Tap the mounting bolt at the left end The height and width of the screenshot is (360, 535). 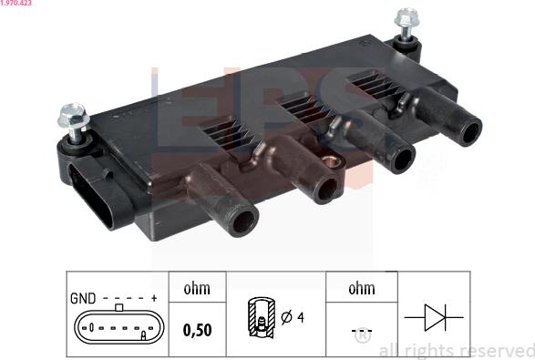[x=71, y=118]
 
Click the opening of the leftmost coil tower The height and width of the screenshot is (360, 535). [x=243, y=220]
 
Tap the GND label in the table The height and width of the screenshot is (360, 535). [x=83, y=298]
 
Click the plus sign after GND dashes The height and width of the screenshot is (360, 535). [x=154, y=298]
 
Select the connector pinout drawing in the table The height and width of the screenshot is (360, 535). [x=119, y=326]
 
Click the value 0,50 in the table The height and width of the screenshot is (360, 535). [x=197, y=330]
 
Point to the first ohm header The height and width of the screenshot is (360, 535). [x=197, y=289]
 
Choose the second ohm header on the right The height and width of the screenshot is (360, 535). [x=362, y=289]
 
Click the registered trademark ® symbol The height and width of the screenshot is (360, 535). [x=362, y=337]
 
